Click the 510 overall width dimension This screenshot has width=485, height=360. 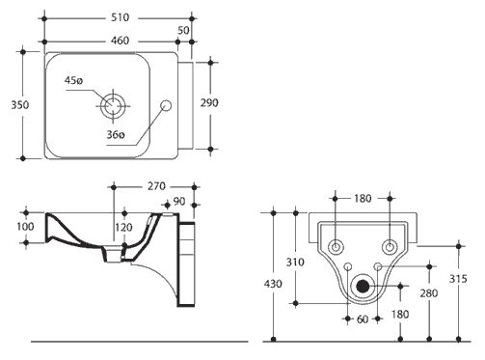(x=121, y=17)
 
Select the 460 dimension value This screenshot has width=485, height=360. (x=121, y=41)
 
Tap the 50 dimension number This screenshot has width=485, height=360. (x=183, y=30)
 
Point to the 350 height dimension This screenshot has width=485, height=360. (x=20, y=105)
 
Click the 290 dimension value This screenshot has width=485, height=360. (x=209, y=103)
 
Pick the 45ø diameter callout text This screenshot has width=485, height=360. (x=73, y=80)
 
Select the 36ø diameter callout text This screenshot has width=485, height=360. (x=116, y=134)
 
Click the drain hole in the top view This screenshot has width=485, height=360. (x=113, y=105)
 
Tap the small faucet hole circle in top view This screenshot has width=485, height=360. (x=166, y=105)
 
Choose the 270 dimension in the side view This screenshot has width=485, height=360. (x=156, y=186)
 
